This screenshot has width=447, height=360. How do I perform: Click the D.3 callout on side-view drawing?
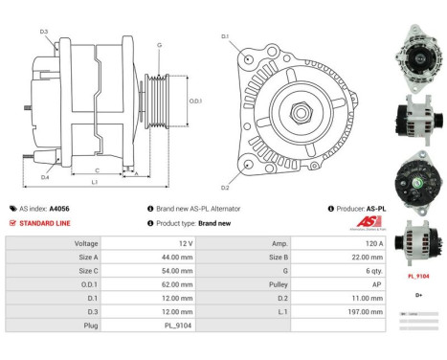[x=44, y=32]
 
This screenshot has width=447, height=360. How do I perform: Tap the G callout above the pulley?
[x=159, y=44]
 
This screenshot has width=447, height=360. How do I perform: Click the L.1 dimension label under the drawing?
[x=94, y=181]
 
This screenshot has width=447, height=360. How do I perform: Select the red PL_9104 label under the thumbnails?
[x=418, y=276]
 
